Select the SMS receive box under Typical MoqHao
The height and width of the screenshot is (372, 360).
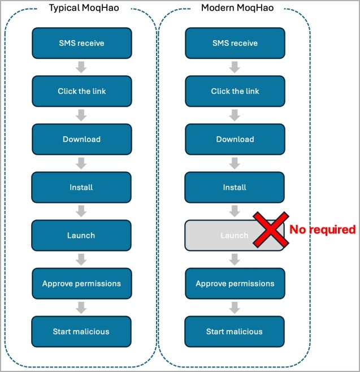click(x=81, y=43)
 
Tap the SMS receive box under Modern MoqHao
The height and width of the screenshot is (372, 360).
click(x=235, y=43)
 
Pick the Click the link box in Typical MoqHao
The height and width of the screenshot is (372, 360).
click(x=81, y=91)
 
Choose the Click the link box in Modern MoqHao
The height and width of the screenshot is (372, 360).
click(x=235, y=91)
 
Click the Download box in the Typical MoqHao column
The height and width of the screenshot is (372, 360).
click(x=81, y=139)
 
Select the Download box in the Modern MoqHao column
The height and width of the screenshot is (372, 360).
click(x=235, y=139)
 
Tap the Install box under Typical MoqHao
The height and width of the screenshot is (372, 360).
click(x=81, y=187)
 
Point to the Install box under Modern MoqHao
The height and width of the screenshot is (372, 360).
click(x=235, y=187)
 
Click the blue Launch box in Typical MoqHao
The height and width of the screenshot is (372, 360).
click(x=81, y=235)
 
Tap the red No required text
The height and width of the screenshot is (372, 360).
click(x=322, y=230)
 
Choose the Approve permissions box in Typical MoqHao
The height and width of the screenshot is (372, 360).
click(x=81, y=283)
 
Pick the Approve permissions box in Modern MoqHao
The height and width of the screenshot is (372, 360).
click(x=235, y=283)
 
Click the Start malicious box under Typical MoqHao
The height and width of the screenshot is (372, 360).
click(x=81, y=331)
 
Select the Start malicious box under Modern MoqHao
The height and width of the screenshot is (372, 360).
click(x=235, y=331)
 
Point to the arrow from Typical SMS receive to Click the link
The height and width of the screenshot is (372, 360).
click(x=81, y=67)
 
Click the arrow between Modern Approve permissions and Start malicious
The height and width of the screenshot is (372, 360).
click(x=235, y=308)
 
